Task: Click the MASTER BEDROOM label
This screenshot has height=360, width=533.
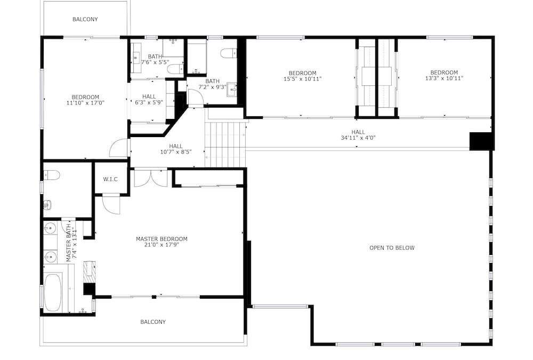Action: [x=161, y=239]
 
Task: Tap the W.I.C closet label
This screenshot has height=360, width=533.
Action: [x=110, y=179]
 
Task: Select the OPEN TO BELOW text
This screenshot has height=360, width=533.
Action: [x=392, y=247]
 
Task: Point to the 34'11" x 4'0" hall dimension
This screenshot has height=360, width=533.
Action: [x=358, y=138]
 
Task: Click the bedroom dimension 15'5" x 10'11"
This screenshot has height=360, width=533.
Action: [x=303, y=78]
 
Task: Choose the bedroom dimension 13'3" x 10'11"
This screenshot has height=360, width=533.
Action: [x=445, y=78]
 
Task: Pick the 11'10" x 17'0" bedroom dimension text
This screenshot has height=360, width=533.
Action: [x=85, y=102]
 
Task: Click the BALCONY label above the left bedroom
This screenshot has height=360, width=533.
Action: [x=85, y=19]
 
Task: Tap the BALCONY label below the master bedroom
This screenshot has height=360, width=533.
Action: [x=153, y=322]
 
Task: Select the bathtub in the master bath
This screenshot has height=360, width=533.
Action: [x=53, y=293]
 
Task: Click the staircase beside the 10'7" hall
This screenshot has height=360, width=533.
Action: [x=225, y=145]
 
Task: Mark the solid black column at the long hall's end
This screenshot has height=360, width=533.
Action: [x=481, y=141]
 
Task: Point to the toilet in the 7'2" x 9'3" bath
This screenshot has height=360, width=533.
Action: [x=229, y=53]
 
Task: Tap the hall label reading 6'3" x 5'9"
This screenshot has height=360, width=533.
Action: [x=149, y=102]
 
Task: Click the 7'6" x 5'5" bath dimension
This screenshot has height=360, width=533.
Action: [x=155, y=62]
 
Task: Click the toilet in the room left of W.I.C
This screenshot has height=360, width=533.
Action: [x=52, y=175]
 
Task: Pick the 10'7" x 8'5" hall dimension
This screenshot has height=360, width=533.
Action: [x=176, y=152]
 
